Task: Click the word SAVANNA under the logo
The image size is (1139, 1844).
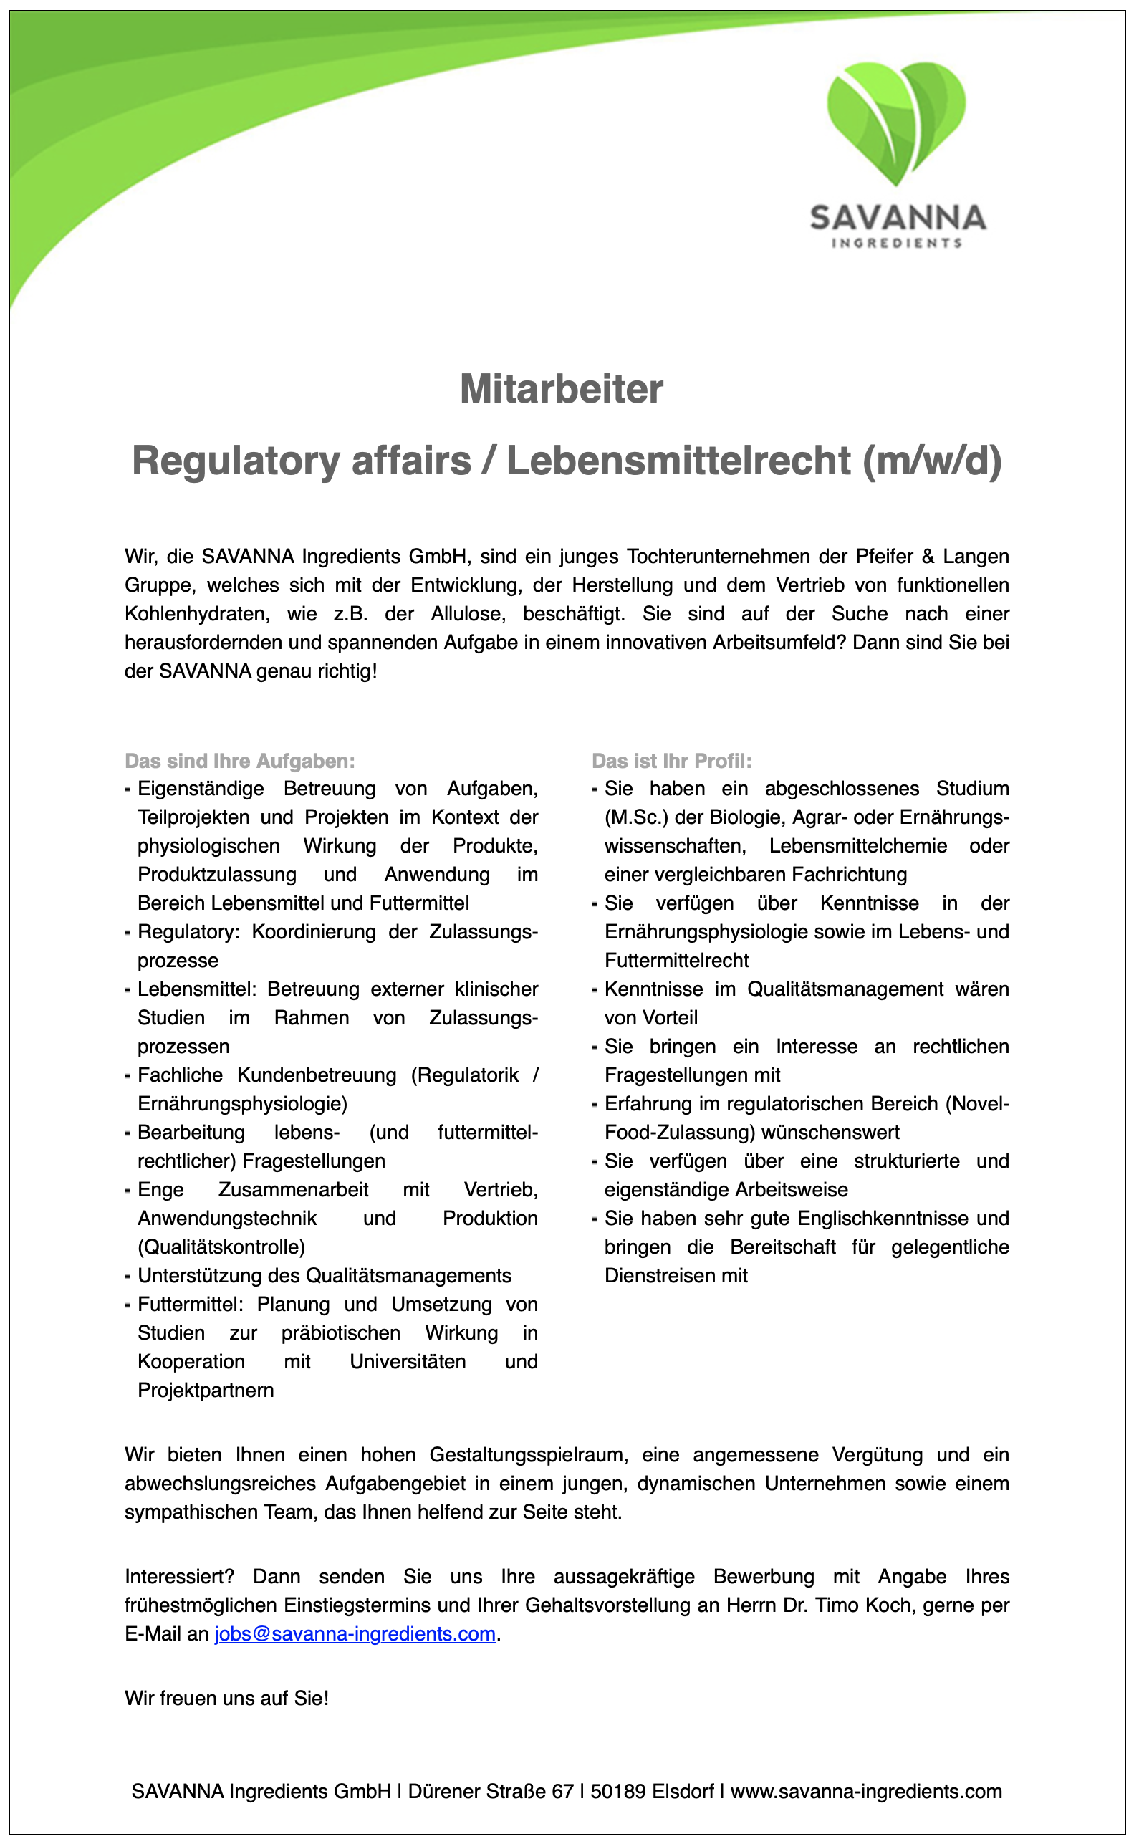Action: tap(897, 218)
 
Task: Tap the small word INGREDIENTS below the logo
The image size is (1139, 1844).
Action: tap(896, 243)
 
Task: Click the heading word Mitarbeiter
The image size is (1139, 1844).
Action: tap(561, 390)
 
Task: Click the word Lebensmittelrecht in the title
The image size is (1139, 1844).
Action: tap(678, 461)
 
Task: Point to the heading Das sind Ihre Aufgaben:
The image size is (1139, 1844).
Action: tap(239, 761)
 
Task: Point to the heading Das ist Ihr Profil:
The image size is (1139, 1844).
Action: tap(671, 761)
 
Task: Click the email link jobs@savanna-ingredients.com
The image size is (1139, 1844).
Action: tap(355, 1634)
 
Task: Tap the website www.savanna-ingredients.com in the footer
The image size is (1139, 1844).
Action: tap(866, 1791)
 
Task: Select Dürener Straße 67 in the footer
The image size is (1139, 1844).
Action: tap(491, 1791)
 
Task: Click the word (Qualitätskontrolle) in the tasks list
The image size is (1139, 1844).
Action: tap(221, 1247)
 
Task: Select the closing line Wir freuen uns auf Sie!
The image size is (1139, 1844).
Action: tap(227, 1698)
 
